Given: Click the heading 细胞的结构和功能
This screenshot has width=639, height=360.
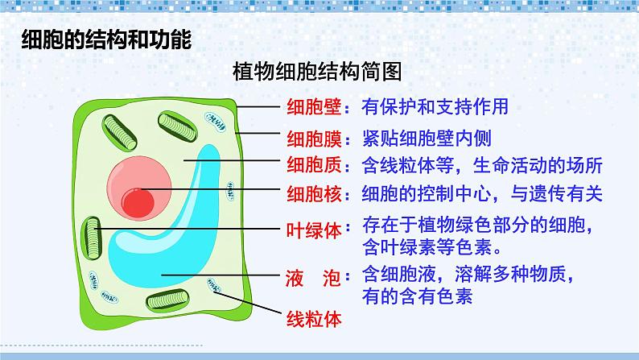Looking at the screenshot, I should [105, 41].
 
